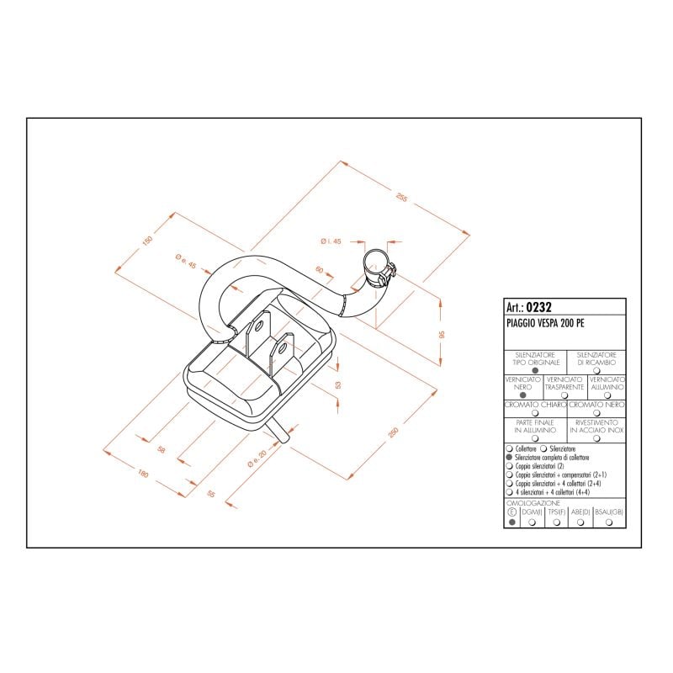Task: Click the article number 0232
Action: (x=538, y=307)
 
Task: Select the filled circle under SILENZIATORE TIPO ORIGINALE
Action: (x=535, y=369)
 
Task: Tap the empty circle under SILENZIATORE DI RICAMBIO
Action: (x=596, y=369)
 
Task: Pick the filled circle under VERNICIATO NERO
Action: (x=522, y=394)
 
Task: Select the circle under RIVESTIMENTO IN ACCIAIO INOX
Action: (x=596, y=438)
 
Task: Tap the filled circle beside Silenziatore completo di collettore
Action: (x=510, y=457)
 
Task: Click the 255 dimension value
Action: (x=401, y=199)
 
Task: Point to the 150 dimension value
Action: (x=147, y=241)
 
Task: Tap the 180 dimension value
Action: (x=143, y=475)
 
